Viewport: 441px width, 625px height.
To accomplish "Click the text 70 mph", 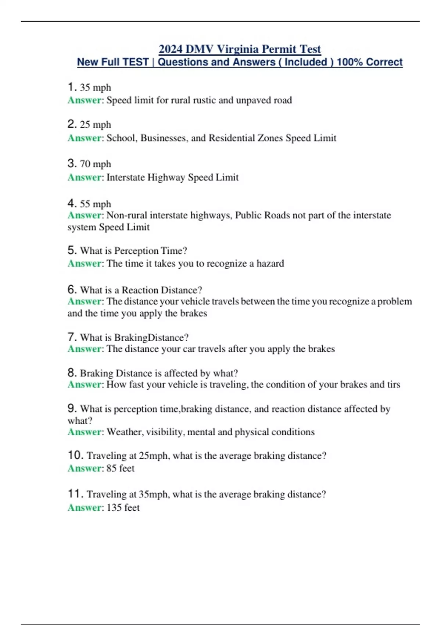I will (x=95, y=164).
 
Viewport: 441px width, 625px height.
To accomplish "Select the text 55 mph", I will (x=95, y=204).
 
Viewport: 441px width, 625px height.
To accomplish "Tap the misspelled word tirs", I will (x=394, y=385).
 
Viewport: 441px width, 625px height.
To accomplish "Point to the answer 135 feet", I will (x=123, y=508).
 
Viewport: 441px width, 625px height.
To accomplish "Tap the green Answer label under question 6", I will (x=85, y=301).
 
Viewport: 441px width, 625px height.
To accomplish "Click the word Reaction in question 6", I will (x=140, y=290).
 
